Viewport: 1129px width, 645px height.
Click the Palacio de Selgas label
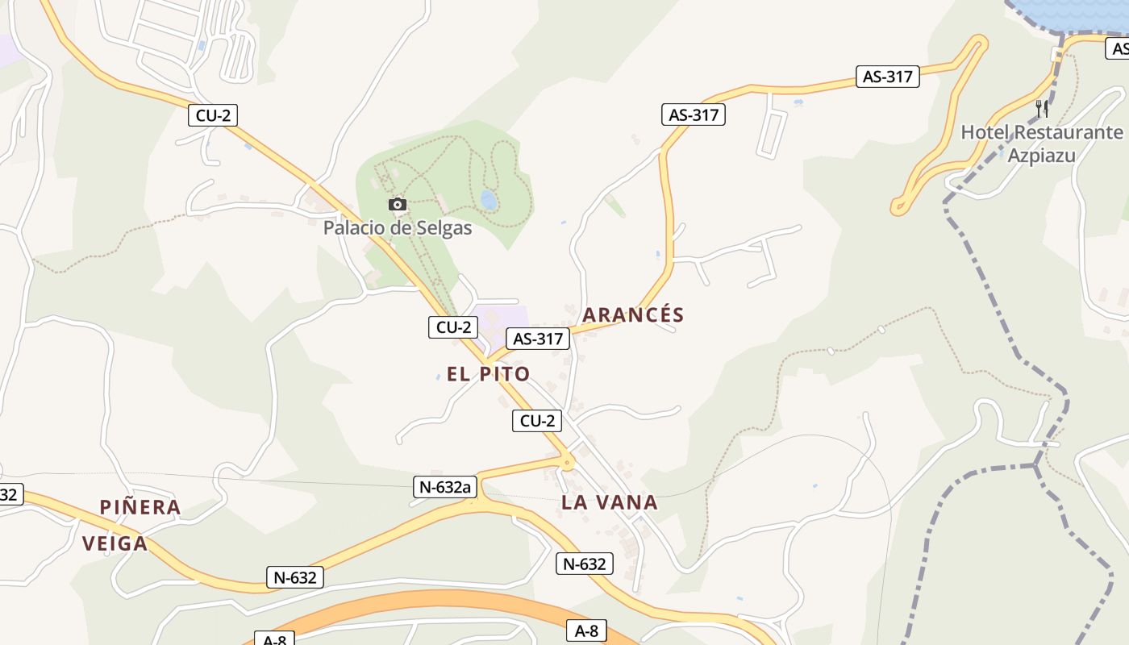pos(398,228)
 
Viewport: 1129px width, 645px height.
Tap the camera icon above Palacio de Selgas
pos(397,205)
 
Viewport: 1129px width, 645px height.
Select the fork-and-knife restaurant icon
pos(1042,108)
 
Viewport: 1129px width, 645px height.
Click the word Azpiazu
pos(1041,156)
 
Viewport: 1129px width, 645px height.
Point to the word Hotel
pos(984,132)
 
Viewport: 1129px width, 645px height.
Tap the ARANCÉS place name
pos(633,315)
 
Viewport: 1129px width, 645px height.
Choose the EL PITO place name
pos(488,374)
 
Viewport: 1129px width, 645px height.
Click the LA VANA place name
pos(610,503)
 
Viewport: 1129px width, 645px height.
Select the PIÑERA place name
pos(140,507)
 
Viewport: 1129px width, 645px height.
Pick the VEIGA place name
pos(115,543)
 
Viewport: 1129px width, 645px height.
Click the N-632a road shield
pos(445,487)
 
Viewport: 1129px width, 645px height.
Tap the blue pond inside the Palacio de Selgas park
pos(488,199)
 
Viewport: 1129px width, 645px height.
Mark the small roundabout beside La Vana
pos(568,463)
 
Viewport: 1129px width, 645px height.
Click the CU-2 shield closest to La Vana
pos(537,421)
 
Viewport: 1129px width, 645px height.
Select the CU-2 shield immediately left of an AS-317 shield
pos(452,327)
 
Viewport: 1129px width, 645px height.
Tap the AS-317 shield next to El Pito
pos(538,339)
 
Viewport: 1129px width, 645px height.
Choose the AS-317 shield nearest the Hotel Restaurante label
pos(888,77)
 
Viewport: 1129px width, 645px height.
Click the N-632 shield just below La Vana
pos(585,564)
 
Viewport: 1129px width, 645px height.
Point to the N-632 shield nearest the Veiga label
pos(295,577)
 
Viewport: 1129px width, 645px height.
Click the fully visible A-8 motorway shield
pos(586,631)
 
